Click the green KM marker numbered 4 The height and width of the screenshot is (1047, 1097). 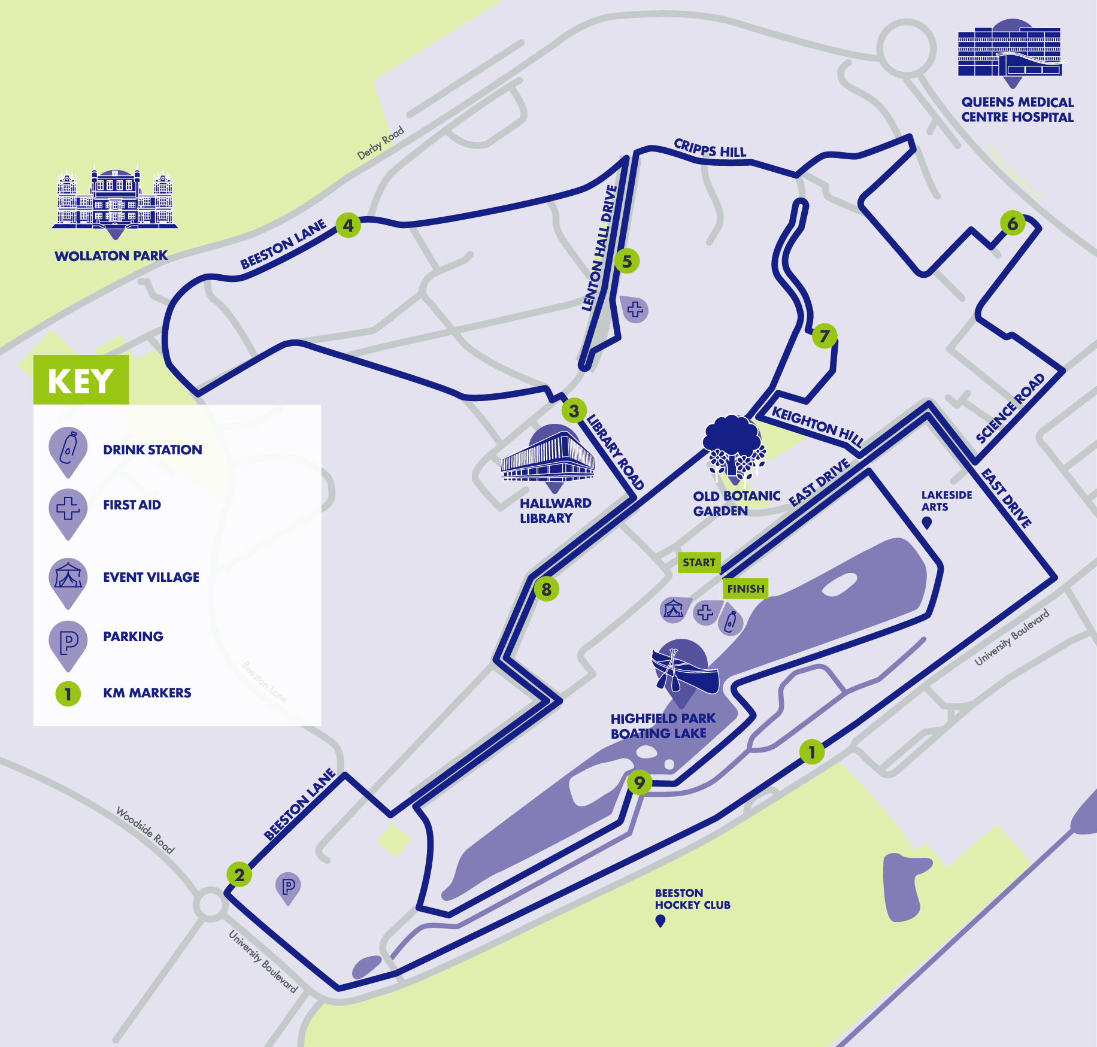point(348,226)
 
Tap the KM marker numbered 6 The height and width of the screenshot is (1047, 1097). point(1013,224)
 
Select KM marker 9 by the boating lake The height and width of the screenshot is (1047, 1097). point(640,782)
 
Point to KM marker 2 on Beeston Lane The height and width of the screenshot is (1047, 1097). point(240,875)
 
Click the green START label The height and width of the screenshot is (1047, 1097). point(699,563)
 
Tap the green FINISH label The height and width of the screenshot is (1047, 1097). point(746,588)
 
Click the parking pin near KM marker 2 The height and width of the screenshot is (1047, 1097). point(288,887)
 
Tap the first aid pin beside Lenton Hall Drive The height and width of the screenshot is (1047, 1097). point(635,309)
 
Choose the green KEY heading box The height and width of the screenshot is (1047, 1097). point(81,380)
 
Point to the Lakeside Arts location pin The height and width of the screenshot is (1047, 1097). point(927,523)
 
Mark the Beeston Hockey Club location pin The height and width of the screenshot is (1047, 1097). point(660,921)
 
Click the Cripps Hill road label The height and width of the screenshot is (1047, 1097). point(710,148)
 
